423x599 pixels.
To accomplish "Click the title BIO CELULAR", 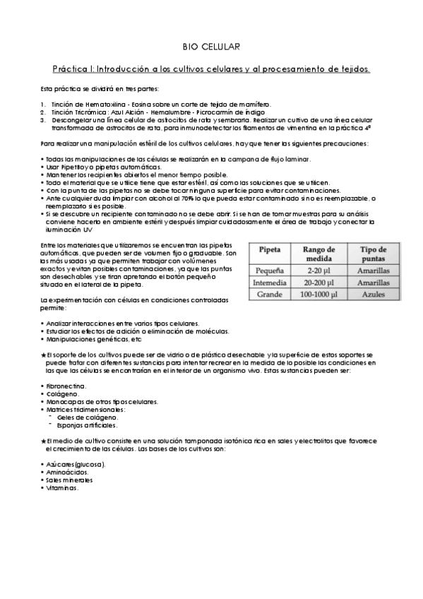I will [x=211, y=47].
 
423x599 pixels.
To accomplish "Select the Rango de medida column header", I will [x=323, y=254].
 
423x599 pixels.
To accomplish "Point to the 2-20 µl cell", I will [x=323, y=270].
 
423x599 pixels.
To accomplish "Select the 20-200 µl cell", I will [x=323, y=282].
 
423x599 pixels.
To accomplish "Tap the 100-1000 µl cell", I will [x=323, y=294].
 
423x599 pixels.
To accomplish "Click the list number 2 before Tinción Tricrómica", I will [x=43, y=112].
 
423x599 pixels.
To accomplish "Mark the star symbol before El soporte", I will [x=44, y=352].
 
